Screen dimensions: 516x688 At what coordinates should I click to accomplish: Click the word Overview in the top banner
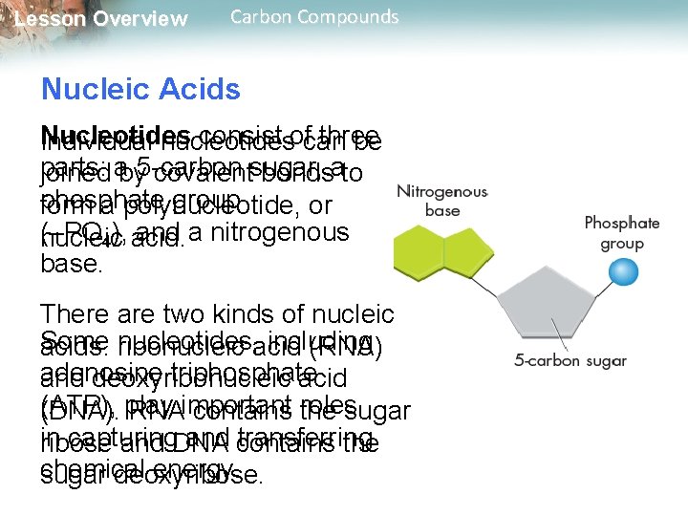(143, 19)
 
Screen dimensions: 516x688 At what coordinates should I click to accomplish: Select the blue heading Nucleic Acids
(140, 90)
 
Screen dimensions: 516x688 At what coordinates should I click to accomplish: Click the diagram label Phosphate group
(622, 233)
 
